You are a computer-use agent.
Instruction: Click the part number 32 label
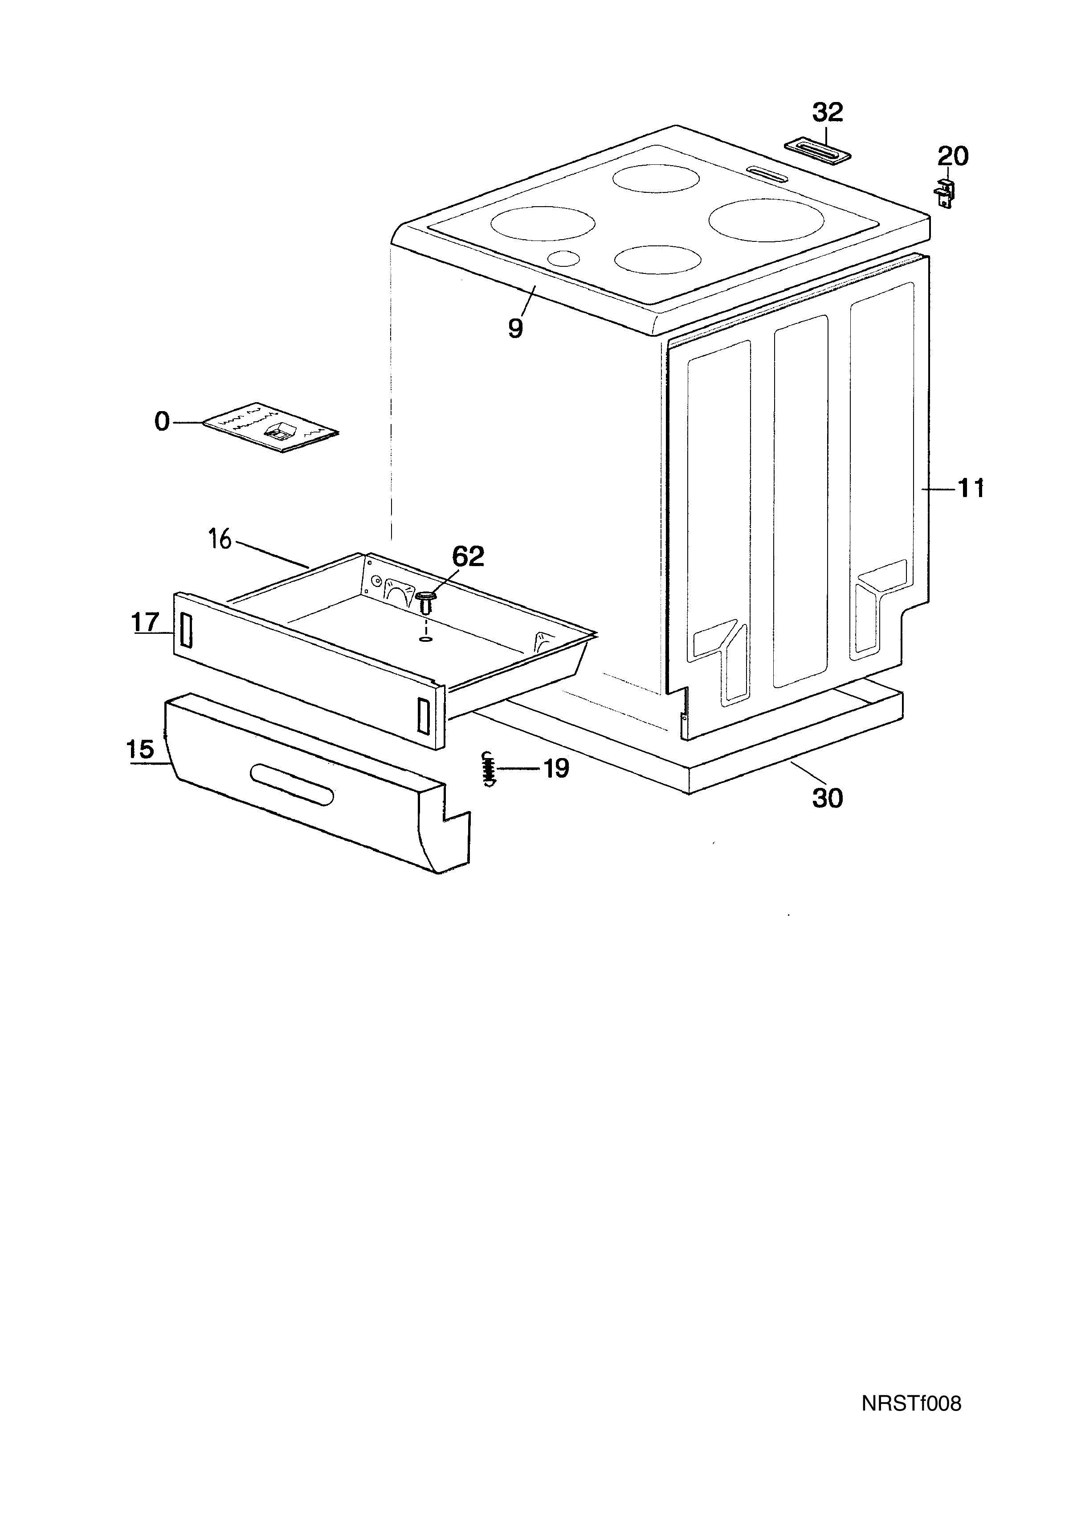(x=827, y=113)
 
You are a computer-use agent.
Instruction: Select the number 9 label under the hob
(x=515, y=327)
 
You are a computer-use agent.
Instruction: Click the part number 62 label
(x=468, y=557)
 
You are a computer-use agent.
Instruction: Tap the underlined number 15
(x=140, y=749)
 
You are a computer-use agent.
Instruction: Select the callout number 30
(x=827, y=798)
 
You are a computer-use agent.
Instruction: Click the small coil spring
(x=488, y=768)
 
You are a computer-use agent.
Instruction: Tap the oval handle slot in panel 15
(x=292, y=785)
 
